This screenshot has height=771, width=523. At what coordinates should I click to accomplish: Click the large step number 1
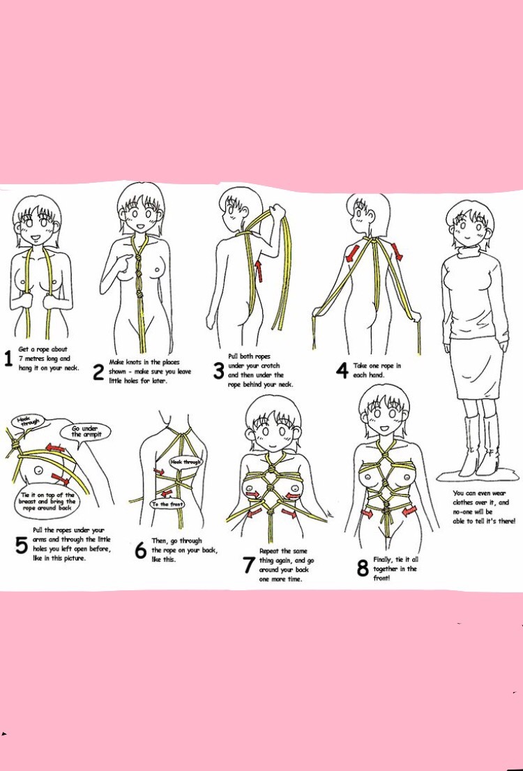coord(8,359)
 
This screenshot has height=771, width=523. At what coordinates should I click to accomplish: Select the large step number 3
coord(219,370)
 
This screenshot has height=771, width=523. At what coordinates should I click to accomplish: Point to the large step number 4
coord(342,370)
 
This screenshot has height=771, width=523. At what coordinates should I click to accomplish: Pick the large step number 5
coord(21,545)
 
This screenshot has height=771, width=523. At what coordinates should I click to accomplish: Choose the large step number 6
coord(141,551)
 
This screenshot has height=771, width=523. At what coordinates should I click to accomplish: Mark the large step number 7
coord(249,565)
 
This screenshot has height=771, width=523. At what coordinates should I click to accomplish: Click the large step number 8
coord(363,569)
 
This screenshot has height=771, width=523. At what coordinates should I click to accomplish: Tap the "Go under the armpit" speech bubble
coord(85,432)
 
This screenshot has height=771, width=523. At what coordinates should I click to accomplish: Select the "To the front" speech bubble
coord(167,504)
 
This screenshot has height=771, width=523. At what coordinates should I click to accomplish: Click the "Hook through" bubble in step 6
coord(186,462)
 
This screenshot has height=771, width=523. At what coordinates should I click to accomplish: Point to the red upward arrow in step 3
coord(259,271)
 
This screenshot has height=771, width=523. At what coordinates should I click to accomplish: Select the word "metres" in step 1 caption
coord(29,359)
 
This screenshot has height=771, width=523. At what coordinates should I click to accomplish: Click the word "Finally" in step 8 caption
coord(382,560)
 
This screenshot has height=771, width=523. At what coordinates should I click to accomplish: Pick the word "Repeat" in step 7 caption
coord(268,551)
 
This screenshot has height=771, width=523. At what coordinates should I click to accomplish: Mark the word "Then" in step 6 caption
coord(159,541)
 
